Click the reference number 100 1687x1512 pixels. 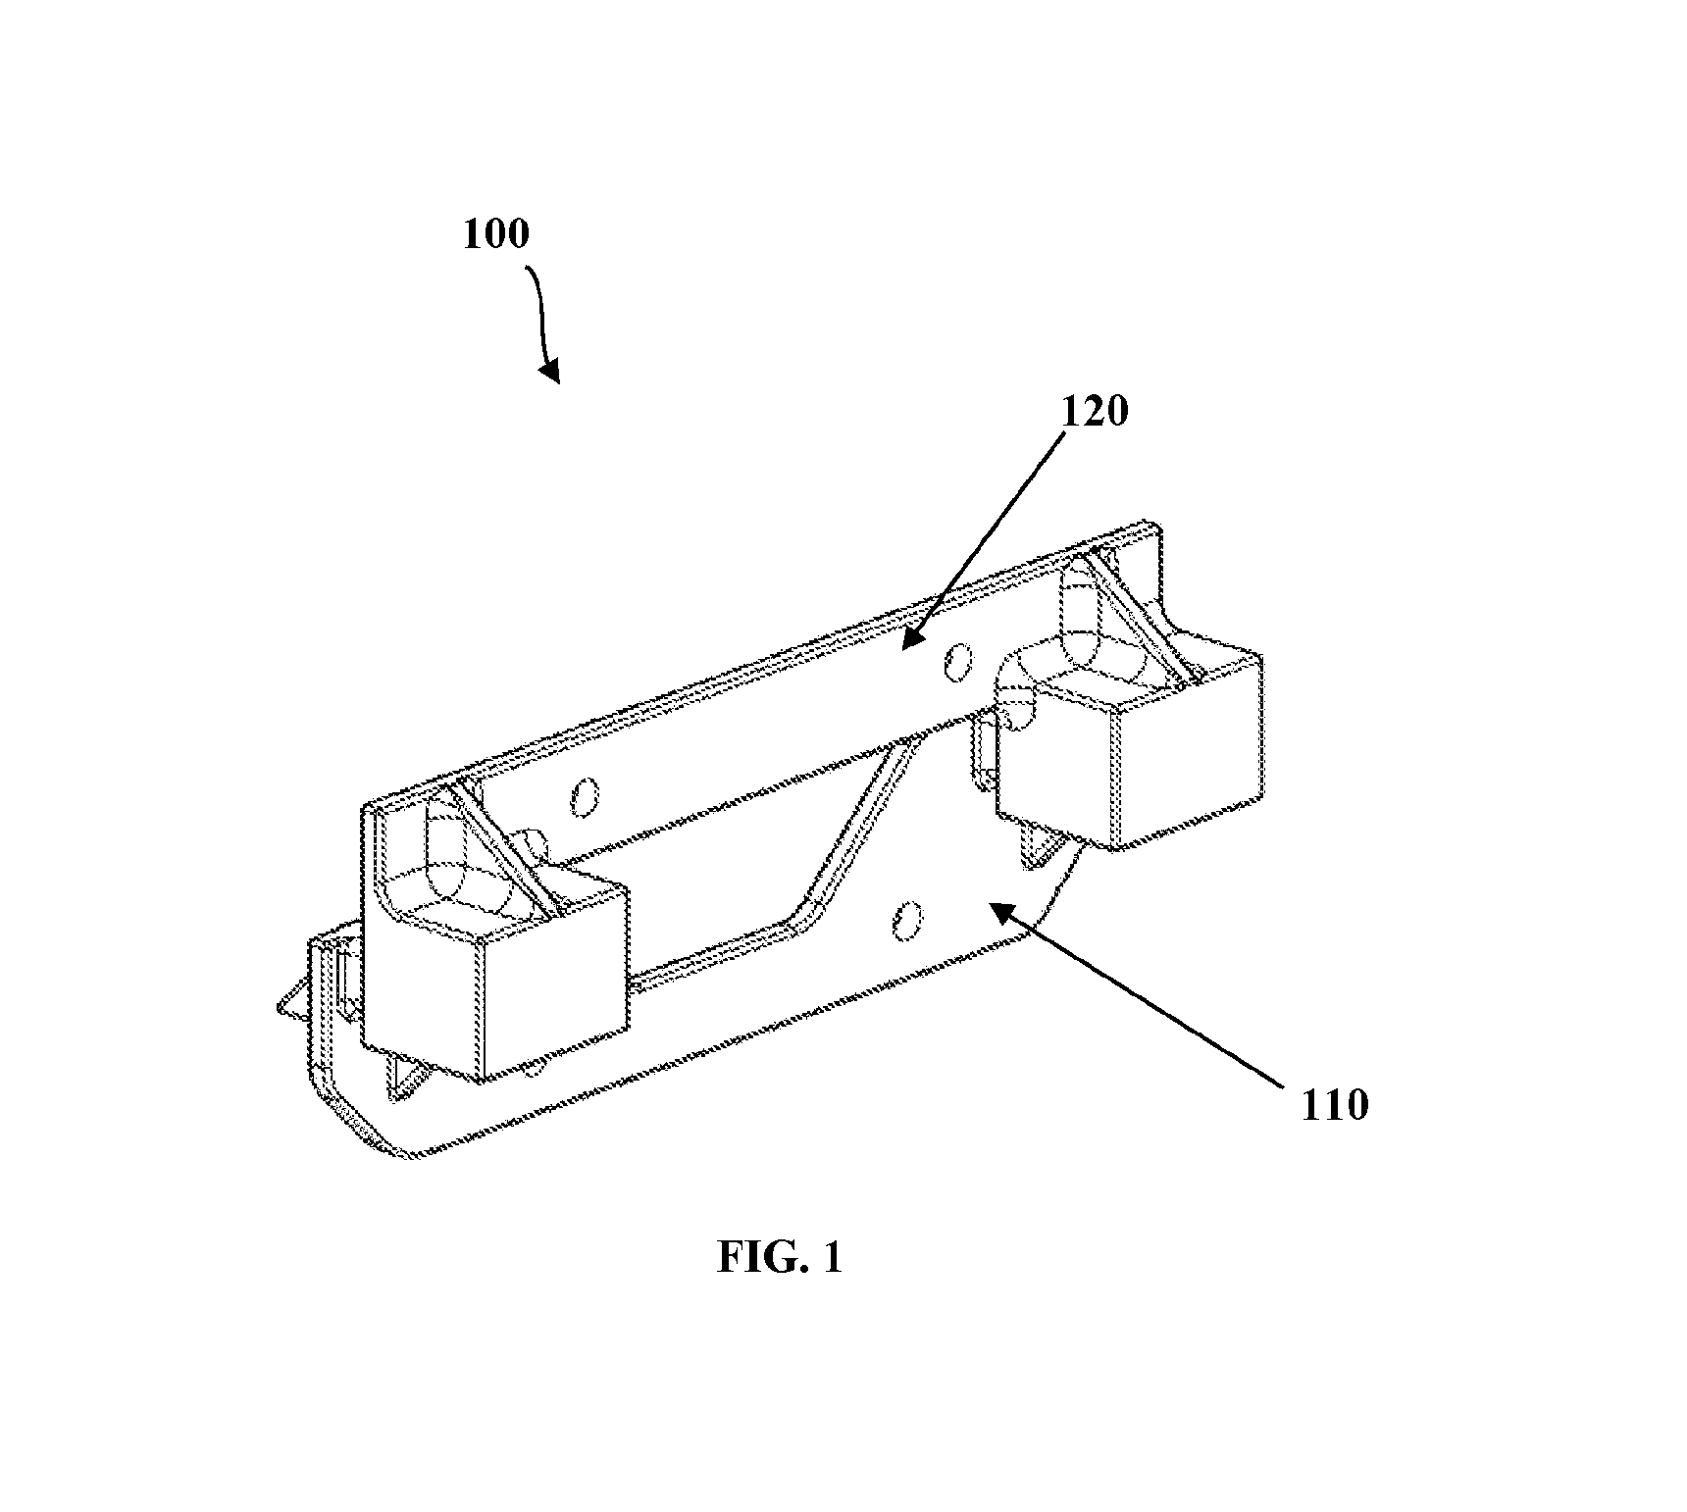click(495, 235)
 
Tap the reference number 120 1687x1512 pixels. click(1095, 412)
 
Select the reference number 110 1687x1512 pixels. click(1334, 1106)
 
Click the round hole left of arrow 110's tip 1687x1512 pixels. click(907, 923)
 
